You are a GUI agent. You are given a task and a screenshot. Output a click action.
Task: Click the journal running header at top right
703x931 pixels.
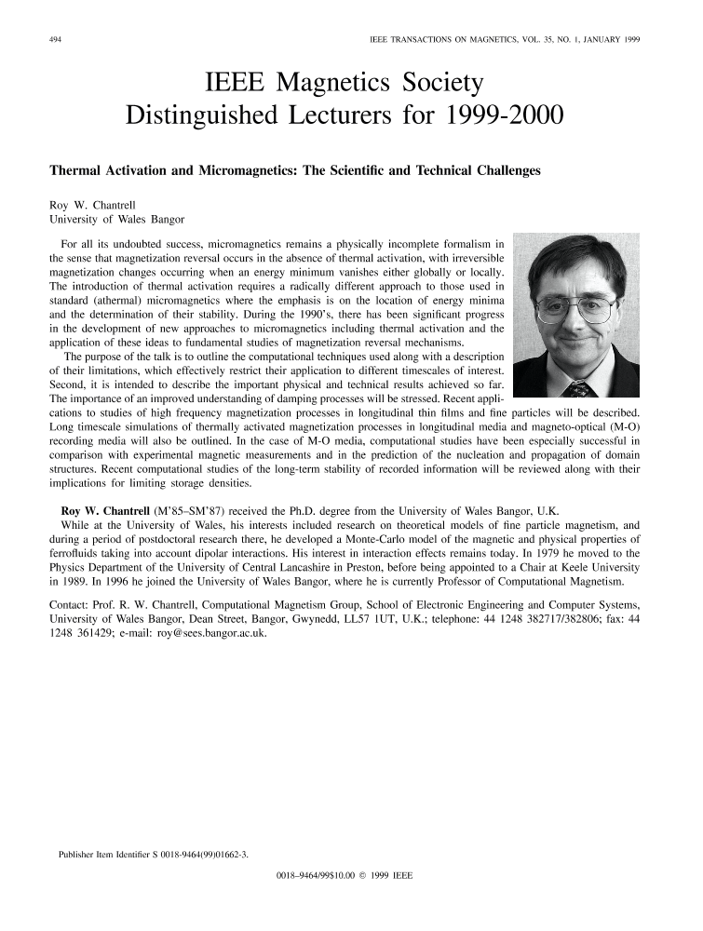[x=503, y=41]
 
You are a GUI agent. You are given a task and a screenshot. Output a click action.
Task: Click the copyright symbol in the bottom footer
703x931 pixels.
[x=359, y=876]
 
